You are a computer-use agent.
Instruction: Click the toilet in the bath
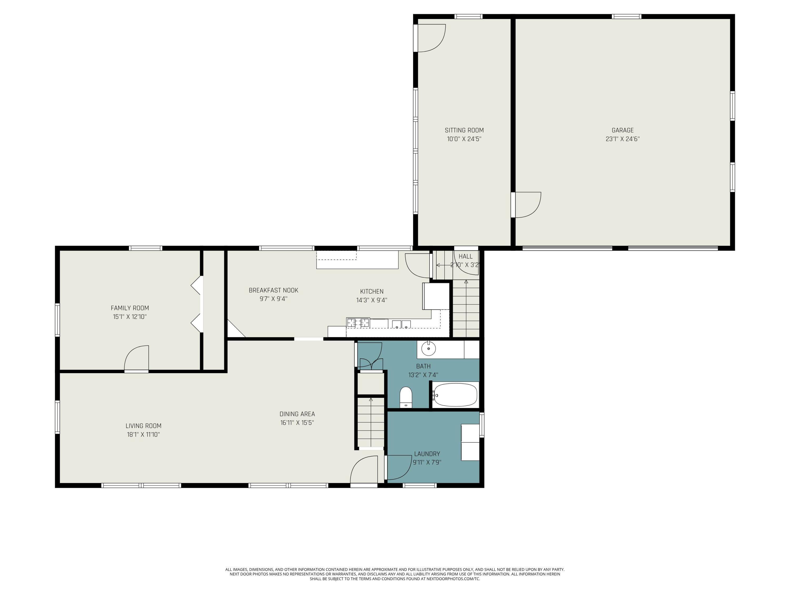406,397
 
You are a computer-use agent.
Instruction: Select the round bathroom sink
428,348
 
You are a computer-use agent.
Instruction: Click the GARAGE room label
623,130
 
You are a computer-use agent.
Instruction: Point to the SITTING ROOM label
464,130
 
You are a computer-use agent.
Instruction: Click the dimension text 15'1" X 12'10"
130,317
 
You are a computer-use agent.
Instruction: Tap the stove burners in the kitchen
358,323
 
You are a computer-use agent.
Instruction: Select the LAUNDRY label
427,454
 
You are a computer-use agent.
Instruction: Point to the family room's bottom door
137,359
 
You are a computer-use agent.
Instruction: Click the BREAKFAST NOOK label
273,290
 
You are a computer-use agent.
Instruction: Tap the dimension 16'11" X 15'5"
297,423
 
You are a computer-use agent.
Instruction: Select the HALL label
465,256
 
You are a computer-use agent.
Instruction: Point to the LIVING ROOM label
143,426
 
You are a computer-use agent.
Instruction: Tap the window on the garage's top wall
626,16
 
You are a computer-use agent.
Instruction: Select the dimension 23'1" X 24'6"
623,139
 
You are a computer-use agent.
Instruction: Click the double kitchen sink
401,324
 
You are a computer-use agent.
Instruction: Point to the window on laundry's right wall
481,425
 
